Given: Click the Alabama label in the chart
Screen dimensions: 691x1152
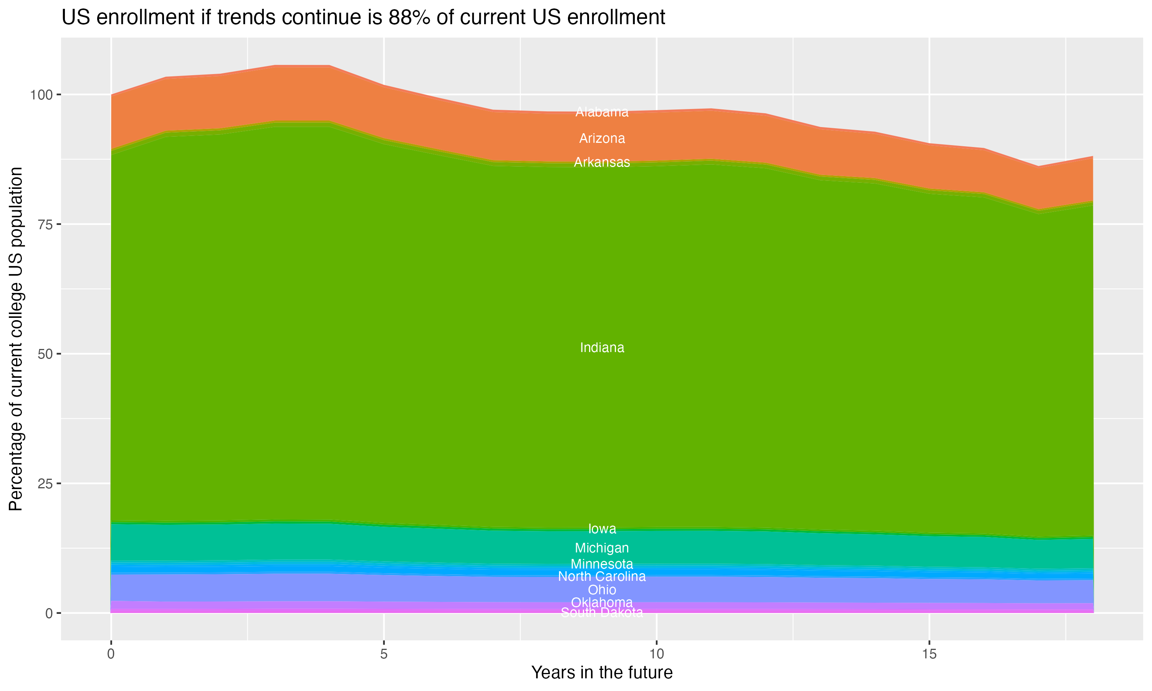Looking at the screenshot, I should coord(602,112).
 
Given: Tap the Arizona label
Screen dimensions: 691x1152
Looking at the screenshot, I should coord(602,139).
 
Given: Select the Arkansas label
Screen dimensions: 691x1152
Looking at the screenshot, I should coord(602,162).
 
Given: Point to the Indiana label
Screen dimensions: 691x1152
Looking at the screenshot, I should coord(602,348).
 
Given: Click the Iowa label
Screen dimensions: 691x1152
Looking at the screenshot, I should coord(602,529).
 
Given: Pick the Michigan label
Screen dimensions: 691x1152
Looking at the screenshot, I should coord(602,548).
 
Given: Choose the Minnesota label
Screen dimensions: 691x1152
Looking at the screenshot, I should coord(602,564).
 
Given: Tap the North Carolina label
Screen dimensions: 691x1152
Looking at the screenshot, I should coord(602,577).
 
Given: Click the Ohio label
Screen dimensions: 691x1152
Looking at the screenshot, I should coord(602,590).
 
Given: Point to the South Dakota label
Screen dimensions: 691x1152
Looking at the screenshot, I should coord(602,613).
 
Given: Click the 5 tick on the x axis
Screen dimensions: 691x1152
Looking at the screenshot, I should coord(384,654).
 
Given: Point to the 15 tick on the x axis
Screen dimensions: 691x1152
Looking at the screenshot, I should coord(929,654).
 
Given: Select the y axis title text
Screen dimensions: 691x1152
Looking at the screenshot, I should coord(16,339).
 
